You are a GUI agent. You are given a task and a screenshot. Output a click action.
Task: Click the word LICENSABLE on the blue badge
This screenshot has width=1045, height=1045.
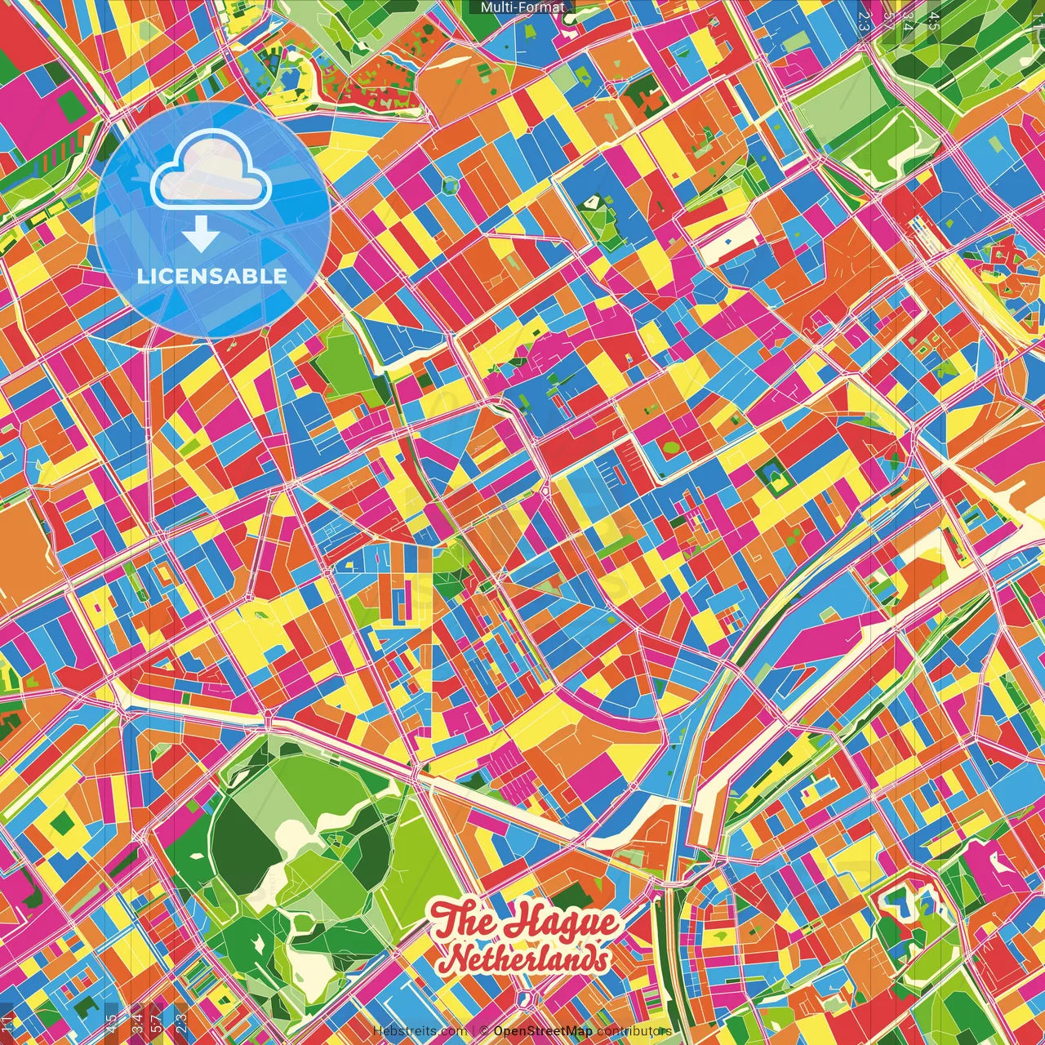pos(212,276)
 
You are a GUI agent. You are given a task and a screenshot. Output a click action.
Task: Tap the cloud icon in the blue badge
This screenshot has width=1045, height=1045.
pos(211,171)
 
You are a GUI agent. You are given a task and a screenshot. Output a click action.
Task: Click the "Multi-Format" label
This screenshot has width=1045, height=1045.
pos(522,7)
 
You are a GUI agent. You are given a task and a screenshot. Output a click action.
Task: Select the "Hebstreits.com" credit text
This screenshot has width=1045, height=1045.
pos(420,1031)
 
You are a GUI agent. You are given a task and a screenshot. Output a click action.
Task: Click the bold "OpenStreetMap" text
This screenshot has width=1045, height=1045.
pos(543,1031)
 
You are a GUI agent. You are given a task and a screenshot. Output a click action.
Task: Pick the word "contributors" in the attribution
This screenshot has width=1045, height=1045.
pos(634,1031)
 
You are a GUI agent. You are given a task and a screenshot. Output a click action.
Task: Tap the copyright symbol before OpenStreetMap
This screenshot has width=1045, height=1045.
pos(483,1031)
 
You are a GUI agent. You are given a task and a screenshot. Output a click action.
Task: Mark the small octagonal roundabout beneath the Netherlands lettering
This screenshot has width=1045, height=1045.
pos(527,998)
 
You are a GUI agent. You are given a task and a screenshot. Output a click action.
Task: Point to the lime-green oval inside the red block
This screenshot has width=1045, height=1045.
pos(669,447)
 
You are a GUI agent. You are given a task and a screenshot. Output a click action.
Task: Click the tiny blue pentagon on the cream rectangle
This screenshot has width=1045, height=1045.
pos(727,242)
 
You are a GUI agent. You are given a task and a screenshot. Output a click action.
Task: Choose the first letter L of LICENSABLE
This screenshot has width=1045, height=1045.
pos(142,276)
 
